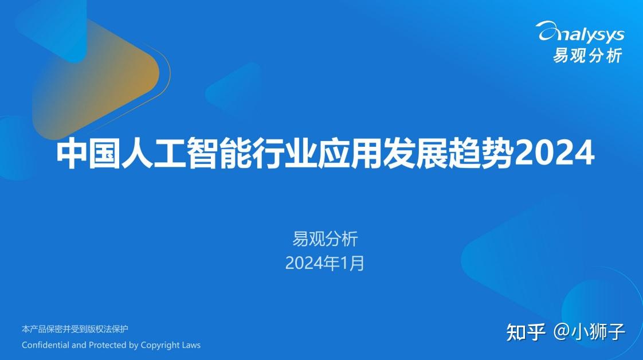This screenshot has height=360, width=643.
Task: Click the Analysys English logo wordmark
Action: tap(579, 33)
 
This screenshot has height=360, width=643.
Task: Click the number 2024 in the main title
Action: tap(554, 154)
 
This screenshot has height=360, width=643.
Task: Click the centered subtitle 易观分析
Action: tap(325, 238)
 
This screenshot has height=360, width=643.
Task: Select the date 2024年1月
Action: tap(325, 263)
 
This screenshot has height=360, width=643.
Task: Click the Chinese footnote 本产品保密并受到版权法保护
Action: tap(75, 329)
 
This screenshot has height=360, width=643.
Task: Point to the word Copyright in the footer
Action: tap(160, 345)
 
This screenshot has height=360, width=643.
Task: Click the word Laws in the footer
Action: tap(191, 345)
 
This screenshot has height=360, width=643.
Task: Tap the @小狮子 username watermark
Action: tap(589, 332)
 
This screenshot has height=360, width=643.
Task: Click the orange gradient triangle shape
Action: tap(96, 78)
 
